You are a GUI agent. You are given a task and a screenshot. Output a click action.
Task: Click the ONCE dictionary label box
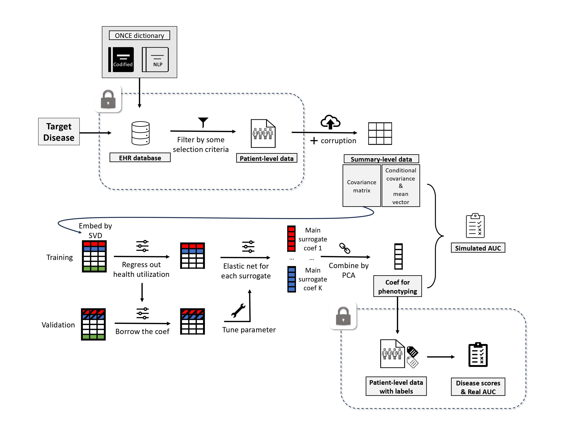(139, 35)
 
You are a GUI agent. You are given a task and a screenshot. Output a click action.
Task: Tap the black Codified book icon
(121, 60)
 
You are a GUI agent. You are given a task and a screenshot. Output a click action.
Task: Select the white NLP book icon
(155, 60)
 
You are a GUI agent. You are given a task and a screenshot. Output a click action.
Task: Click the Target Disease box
(59, 132)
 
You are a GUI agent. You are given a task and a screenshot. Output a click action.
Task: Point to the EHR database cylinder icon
(140, 133)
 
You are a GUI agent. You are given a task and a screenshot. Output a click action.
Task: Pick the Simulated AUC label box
(478, 248)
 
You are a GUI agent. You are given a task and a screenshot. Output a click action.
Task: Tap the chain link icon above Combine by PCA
(344, 248)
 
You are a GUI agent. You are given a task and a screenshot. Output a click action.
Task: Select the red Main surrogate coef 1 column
(291, 239)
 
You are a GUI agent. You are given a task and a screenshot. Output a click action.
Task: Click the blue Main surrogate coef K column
(291, 279)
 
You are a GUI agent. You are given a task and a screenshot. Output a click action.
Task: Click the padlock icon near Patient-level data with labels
(343, 316)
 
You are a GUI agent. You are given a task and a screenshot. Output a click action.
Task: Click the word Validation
(58, 325)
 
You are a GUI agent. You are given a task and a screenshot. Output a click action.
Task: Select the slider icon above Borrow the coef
(142, 313)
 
